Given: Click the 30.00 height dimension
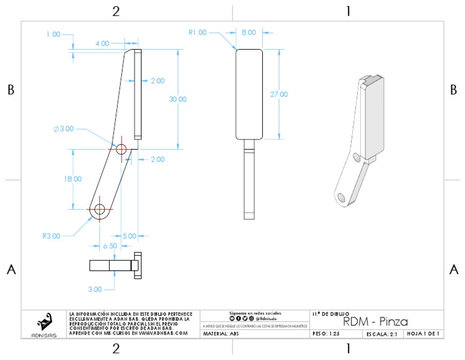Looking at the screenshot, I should tap(177, 99).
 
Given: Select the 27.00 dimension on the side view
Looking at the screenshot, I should tap(279, 95).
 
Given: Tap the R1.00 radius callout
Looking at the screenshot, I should tap(197, 33).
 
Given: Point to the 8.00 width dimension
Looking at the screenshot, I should tap(249, 33).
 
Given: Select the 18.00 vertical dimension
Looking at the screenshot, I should tap(73, 179).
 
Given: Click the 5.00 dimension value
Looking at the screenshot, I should tap(130, 236).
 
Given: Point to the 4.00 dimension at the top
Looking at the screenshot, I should tap(102, 44).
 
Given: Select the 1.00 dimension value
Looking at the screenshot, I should tap(53, 35).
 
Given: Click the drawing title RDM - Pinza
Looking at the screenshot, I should tap(375, 321).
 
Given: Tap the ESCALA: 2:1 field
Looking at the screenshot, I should tap(381, 334).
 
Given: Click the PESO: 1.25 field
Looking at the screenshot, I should tap(327, 334).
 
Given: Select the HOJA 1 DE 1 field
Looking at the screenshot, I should tap(423, 334).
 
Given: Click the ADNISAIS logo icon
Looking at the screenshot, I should tap(44, 321).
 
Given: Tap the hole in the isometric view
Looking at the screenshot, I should tap(341, 198).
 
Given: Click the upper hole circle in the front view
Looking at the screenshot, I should tap(121, 148).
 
